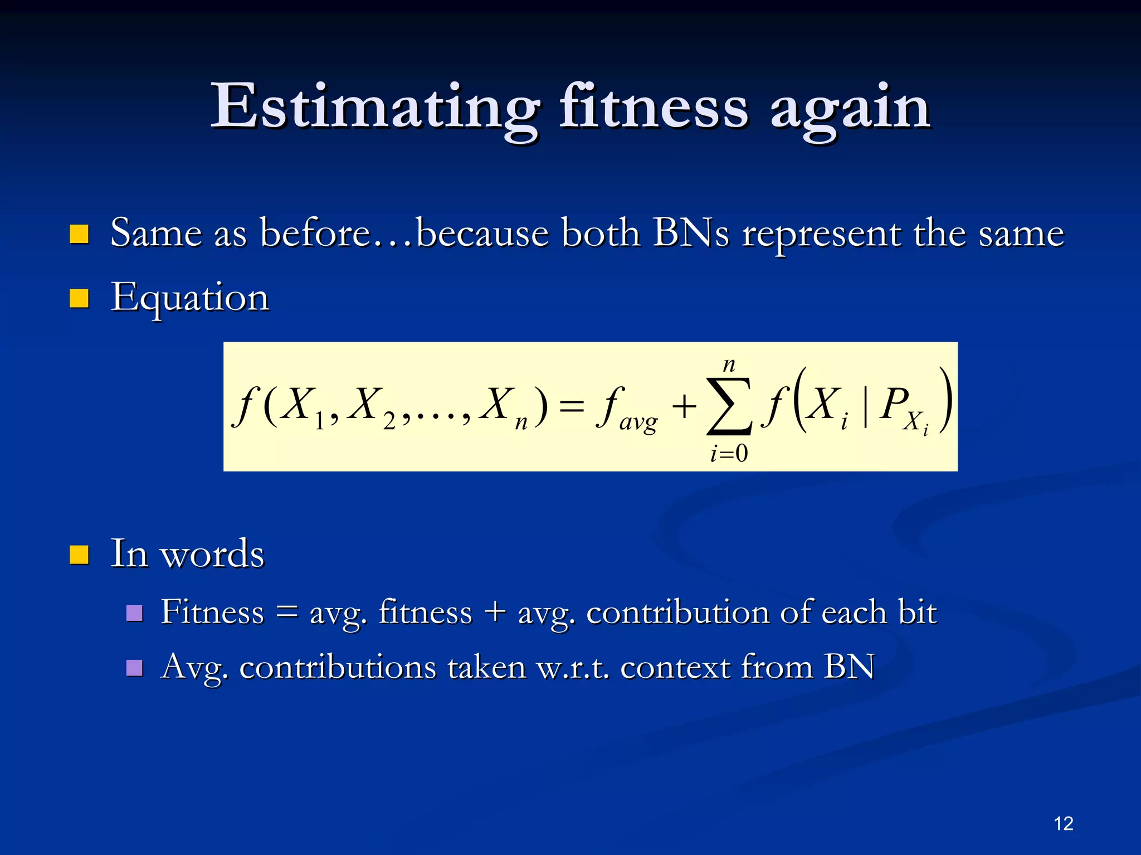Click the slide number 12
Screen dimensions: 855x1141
(1063, 823)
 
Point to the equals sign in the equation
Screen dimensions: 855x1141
(572, 405)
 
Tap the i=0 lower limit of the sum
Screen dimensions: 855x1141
(729, 453)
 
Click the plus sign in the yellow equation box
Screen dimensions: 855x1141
(684, 406)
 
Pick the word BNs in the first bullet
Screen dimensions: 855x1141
(691, 232)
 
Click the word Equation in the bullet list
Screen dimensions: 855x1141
(190, 298)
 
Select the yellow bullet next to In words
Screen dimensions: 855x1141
(79, 555)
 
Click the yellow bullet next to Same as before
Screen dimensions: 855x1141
(79, 234)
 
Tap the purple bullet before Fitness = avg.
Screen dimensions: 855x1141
(134, 613)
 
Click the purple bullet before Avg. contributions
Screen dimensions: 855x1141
(134, 667)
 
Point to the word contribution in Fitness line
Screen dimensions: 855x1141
(677, 613)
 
